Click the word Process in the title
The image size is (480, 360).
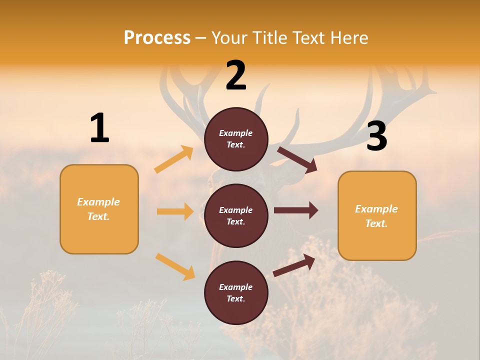[157, 37]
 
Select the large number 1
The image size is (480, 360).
[99, 128]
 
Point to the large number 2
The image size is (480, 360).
[236, 75]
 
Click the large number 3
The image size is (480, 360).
[376, 137]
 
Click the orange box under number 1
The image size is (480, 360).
[99, 209]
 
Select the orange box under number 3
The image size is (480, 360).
[377, 215]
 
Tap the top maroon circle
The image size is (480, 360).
[236, 139]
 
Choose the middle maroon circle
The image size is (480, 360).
[236, 215]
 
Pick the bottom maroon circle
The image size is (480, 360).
[236, 292]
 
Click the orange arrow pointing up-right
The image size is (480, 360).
[174, 159]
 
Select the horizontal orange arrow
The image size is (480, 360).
[175, 211]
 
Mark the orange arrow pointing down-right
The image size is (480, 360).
[175, 266]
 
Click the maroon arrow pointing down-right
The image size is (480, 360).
[297, 160]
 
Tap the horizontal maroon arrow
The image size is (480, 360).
[296, 210]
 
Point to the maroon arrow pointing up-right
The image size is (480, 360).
[294, 265]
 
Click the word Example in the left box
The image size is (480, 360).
[98, 202]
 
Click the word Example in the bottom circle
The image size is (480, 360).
[235, 287]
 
